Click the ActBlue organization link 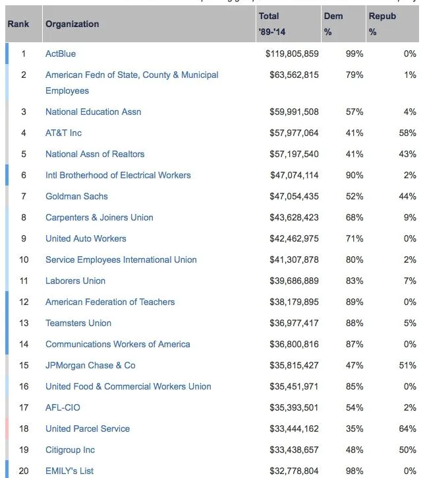(x=60, y=53)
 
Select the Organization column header (x=72, y=24)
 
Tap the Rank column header (x=18, y=24)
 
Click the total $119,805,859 (x=292, y=53)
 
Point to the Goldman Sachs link (x=76, y=196)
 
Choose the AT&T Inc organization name (x=63, y=133)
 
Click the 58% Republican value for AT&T (x=408, y=133)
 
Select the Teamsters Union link (x=78, y=323)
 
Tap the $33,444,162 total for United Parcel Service (x=294, y=428)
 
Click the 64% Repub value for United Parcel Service (x=408, y=428)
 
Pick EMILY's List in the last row (x=71, y=471)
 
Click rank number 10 (x=24, y=259)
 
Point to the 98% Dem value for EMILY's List (x=354, y=471)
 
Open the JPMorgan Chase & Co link (x=90, y=365)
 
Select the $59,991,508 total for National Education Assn (x=294, y=112)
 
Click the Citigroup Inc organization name (x=70, y=450)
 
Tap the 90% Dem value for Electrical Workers (x=354, y=175)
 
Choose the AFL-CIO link (x=63, y=407)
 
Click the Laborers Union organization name (x=75, y=281)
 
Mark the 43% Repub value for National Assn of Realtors (x=408, y=154)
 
